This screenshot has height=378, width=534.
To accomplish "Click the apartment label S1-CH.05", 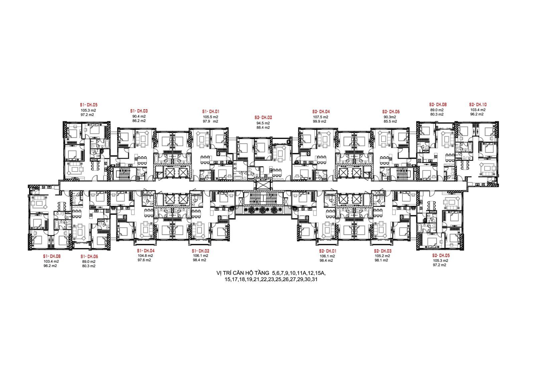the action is point(89,105).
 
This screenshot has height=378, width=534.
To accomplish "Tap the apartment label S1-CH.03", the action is point(139,111).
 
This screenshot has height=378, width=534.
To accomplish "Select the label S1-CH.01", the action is point(211,112).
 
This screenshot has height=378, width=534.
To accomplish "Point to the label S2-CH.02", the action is point(263,118).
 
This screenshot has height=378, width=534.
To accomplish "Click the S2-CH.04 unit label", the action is point(321,112).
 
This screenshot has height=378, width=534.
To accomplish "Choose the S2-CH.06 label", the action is point(391,112).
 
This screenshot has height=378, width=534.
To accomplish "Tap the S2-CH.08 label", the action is point(438,105).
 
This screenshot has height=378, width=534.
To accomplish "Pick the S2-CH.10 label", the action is point(478,105).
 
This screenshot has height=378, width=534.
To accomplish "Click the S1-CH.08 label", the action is point(52,256).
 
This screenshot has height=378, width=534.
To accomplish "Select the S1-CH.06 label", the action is point(89,256).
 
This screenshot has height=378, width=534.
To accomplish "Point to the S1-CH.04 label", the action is point(146,251).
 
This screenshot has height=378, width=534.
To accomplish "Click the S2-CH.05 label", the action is point(442,255).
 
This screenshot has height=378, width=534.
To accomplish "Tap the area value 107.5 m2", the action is point(321,117).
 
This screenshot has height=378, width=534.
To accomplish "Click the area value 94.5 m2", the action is point(263,123).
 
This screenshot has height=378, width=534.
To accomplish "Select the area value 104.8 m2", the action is point(146,255).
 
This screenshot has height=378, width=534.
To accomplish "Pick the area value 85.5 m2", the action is point(390,121).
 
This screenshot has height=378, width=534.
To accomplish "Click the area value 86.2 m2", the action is point(139,121).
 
